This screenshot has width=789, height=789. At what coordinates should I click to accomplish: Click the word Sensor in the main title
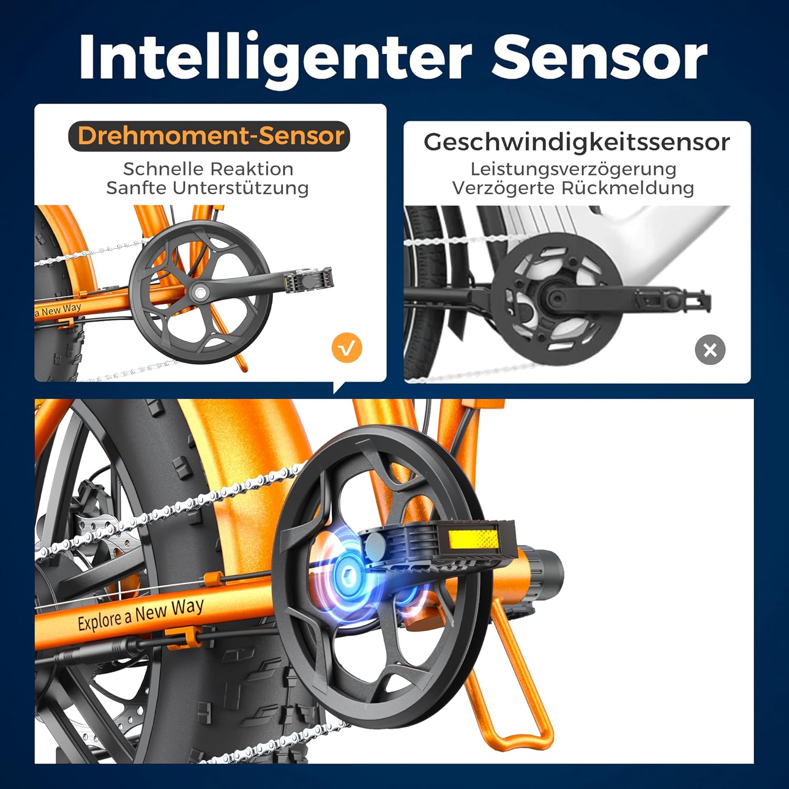599,57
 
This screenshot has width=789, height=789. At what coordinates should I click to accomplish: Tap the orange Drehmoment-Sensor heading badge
209,136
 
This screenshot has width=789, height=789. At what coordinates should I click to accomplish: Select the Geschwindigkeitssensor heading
576,142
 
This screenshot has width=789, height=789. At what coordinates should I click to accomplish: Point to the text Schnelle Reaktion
208,169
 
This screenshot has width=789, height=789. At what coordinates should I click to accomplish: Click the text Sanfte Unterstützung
207,188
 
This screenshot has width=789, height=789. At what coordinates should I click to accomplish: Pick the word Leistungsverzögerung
573,169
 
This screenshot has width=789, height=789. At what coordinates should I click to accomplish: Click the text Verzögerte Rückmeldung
573,188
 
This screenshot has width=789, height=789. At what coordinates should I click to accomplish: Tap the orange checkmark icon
347,348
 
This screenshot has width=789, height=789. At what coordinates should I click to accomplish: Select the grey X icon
710,350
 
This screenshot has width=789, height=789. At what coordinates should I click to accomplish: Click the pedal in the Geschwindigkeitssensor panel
673,300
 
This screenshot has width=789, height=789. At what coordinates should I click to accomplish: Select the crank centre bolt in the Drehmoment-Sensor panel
200,291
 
